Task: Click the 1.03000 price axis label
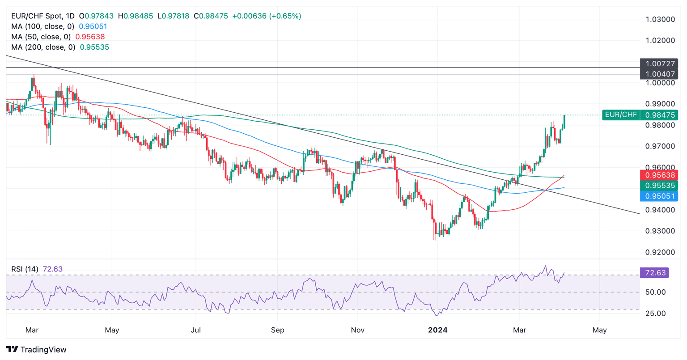[x=660, y=19]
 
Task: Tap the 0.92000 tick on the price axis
[x=660, y=252]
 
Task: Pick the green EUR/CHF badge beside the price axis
[x=621, y=115]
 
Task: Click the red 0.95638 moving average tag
[x=659, y=175]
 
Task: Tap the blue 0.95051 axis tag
[x=659, y=196]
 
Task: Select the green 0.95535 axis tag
[x=659, y=185]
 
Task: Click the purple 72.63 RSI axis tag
[x=655, y=272]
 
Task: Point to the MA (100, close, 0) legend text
[x=43, y=26]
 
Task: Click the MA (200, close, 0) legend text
[x=43, y=47]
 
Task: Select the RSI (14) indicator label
[x=25, y=269]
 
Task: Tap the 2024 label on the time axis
[x=438, y=330]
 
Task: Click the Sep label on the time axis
[x=277, y=330]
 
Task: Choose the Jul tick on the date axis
[x=195, y=330]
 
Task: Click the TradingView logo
[x=37, y=350]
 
